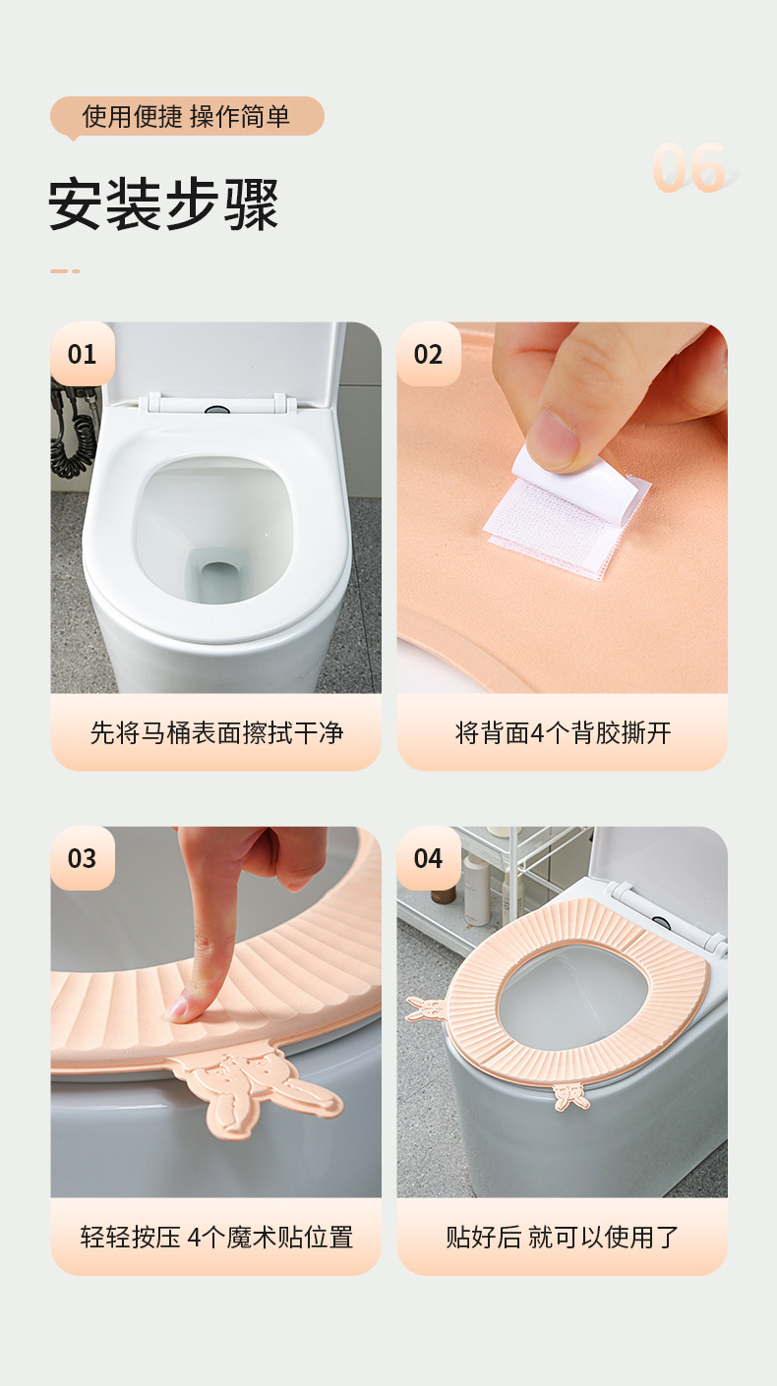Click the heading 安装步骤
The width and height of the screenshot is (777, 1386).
pyautogui.click(x=164, y=203)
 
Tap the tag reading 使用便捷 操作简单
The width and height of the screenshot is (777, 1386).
pyautogui.click(x=187, y=117)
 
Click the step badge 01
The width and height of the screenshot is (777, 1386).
pyautogui.click(x=83, y=354)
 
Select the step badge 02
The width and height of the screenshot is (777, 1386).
pyautogui.click(x=429, y=354)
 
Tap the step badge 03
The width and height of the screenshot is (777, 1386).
pyautogui.click(x=83, y=858)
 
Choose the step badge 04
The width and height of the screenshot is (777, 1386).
pyautogui.click(x=429, y=858)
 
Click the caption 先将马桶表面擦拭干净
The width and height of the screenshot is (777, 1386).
pyautogui.click(x=216, y=732)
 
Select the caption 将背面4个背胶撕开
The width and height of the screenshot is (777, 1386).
pyautogui.click(x=563, y=732)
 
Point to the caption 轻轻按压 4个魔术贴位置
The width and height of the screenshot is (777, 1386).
pyautogui.click(x=216, y=1237)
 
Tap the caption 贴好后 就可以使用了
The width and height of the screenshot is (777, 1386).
pyautogui.click(x=563, y=1237)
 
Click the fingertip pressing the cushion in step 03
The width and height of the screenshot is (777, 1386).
pyautogui.click(x=187, y=1006)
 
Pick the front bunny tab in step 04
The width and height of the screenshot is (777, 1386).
pyautogui.click(x=570, y=1095)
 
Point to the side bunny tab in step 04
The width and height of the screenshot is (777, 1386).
pyautogui.click(x=425, y=1009)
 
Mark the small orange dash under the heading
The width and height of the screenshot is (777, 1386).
pyautogui.click(x=65, y=270)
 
